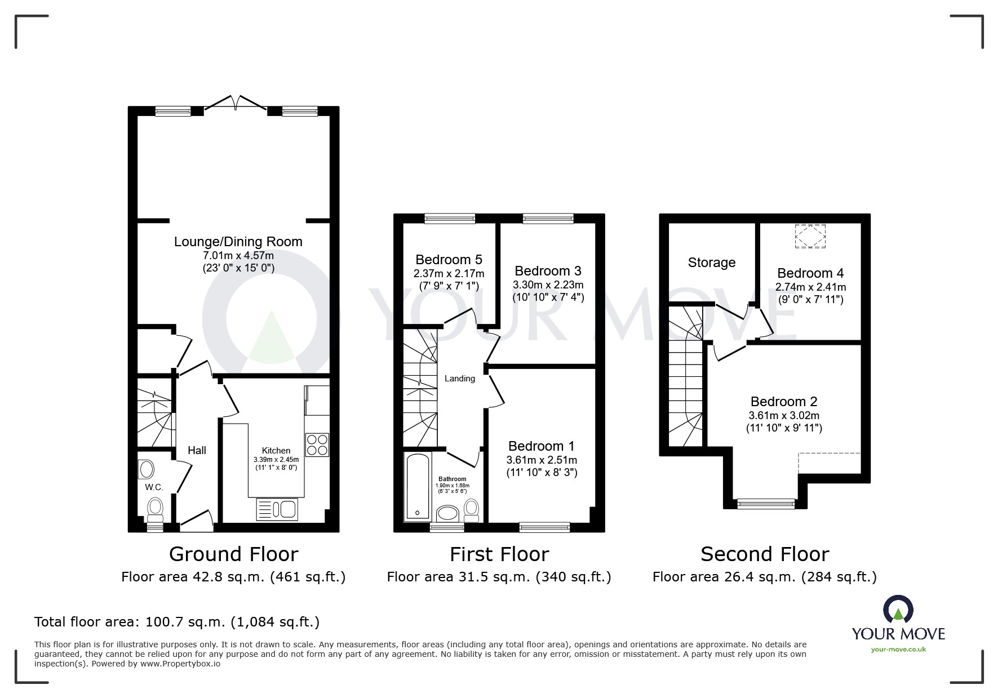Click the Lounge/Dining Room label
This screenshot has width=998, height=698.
[x=238, y=242]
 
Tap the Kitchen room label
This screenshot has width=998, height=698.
[x=276, y=451]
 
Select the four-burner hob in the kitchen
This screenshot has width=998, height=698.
[x=317, y=444]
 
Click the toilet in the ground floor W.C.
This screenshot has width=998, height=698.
[x=155, y=510]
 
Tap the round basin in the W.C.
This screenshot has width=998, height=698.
[x=146, y=469]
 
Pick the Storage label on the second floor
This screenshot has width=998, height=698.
[x=712, y=263]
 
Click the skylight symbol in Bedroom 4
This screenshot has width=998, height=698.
[x=810, y=236]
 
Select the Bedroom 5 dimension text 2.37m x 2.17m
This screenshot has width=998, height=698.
[x=449, y=274]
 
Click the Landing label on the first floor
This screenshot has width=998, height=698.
[x=460, y=379]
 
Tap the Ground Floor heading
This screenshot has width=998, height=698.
[x=233, y=554]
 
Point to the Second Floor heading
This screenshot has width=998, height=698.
[x=765, y=554]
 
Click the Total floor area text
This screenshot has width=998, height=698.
[x=177, y=622]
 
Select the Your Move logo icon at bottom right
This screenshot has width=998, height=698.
[x=898, y=610]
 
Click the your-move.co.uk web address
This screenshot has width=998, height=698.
[x=898, y=650]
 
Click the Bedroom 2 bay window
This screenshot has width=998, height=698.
[x=766, y=504]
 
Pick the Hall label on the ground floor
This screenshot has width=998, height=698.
[x=197, y=450]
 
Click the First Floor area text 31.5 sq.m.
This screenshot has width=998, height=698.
[x=499, y=577]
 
